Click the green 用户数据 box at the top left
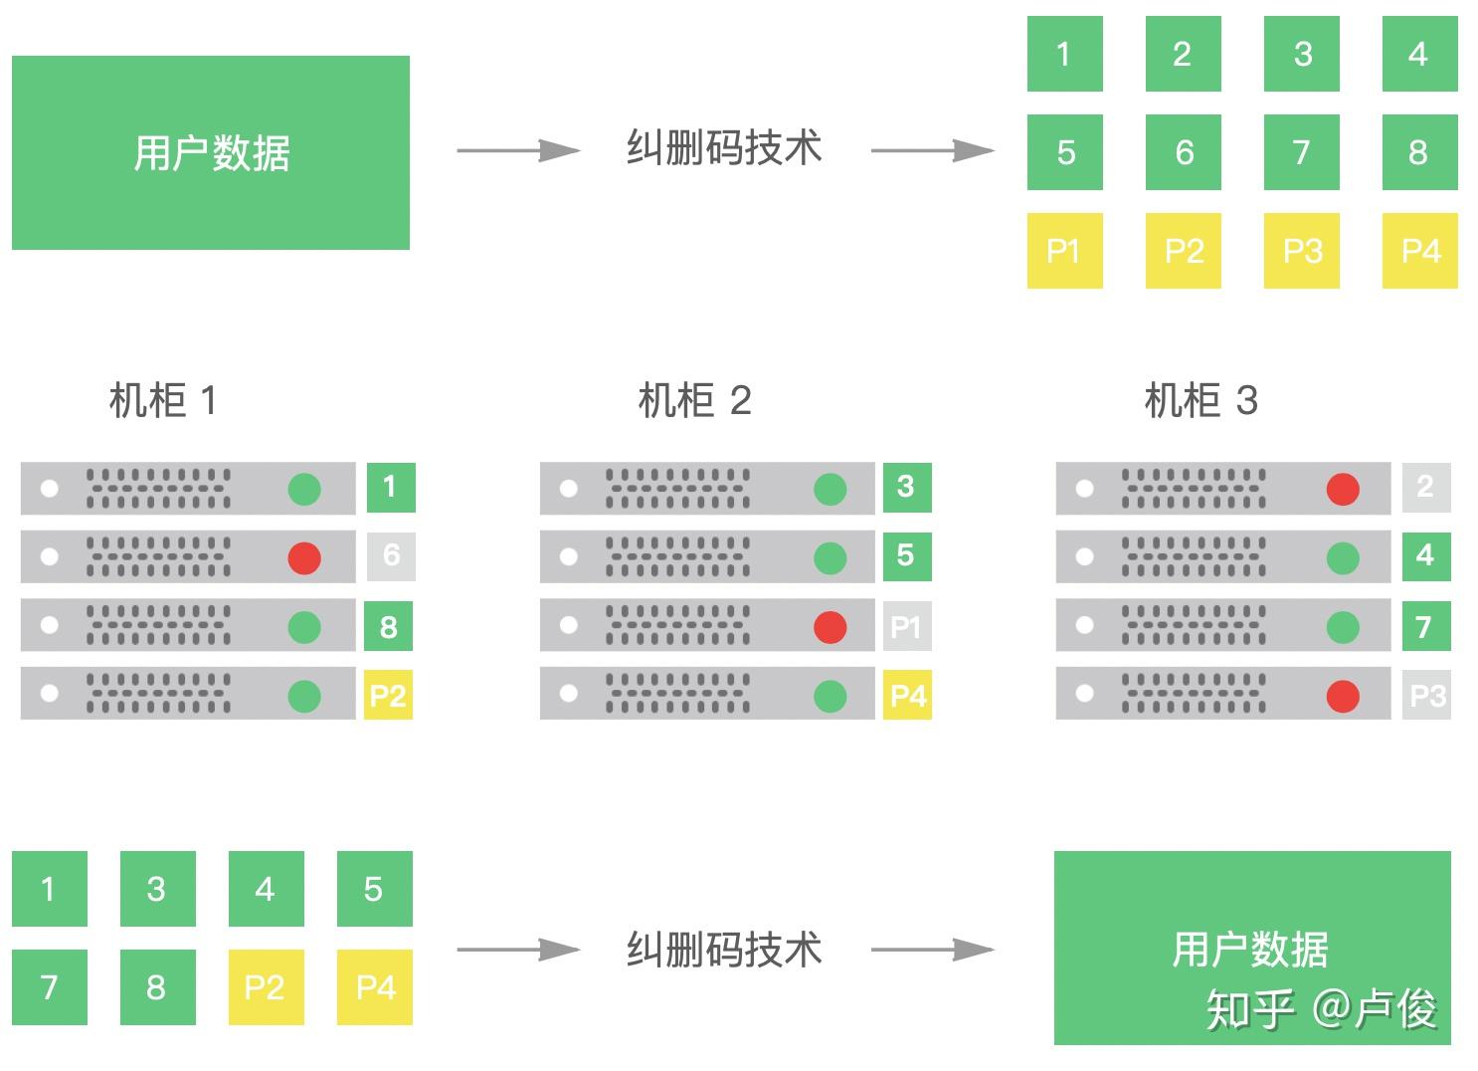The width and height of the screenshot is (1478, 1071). (x=211, y=152)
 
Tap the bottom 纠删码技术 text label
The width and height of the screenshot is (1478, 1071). (x=724, y=950)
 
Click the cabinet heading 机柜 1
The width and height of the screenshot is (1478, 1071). (x=162, y=401)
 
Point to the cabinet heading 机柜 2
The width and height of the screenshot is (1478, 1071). (x=694, y=401)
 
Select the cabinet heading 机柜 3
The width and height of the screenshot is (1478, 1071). (x=1201, y=401)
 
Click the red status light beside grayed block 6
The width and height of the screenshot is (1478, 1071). (x=304, y=557)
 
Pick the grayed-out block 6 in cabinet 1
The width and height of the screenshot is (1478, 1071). (x=391, y=555)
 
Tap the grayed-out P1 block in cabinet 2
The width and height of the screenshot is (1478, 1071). (x=906, y=626)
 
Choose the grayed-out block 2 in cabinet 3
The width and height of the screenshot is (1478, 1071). (x=1425, y=487)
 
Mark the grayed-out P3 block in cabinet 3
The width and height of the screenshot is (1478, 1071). (x=1427, y=695)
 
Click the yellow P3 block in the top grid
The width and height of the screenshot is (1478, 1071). (x=1301, y=251)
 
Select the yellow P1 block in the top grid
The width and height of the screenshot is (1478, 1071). (x=1064, y=251)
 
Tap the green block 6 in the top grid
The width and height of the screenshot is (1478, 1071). (x=1183, y=152)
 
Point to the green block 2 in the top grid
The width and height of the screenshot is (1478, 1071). (x=1183, y=54)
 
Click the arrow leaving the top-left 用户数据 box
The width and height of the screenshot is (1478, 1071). (x=517, y=150)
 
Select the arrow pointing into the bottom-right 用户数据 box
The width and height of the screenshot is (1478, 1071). (x=932, y=950)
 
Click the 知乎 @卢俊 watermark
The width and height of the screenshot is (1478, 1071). (x=1322, y=1009)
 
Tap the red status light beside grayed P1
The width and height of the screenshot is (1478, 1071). (x=830, y=627)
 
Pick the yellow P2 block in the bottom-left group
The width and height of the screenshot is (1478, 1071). (x=266, y=987)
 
